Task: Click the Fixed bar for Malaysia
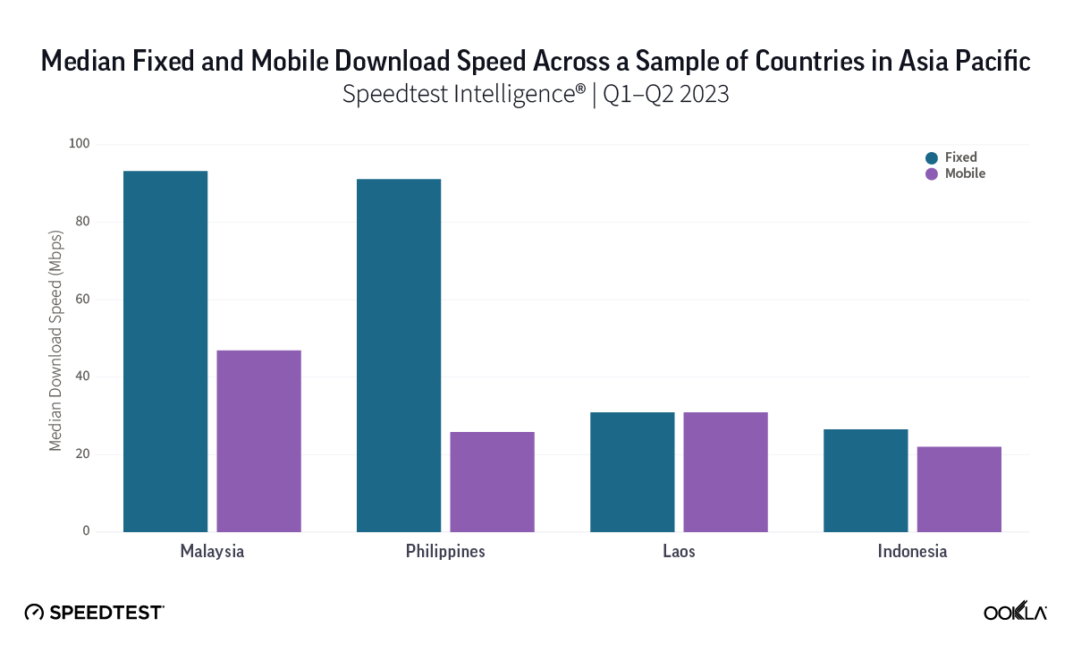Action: click(x=165, y=351)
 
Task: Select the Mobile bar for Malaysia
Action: click(x=259, y=441)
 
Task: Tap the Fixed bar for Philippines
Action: click(x=399, y=355)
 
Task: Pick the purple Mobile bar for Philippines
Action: click(x=493, y=482)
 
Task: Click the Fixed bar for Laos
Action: click(x=632, y=471)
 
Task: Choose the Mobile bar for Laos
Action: click(x=726, y=471)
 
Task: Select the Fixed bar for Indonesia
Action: click(x=866, y=480)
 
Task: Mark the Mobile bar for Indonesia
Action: click(x=959, y=489)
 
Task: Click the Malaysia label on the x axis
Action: click(x=212, y=552)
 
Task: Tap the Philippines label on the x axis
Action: click(x=445, y=552)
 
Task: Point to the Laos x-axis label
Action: click(x=679, y=552)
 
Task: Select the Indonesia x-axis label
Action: click(x=912, y=552)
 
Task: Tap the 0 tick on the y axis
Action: click(x=86, y=531)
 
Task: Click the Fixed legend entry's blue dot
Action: click(x=932, y=157)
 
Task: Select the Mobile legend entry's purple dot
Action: click(x=932, y=174)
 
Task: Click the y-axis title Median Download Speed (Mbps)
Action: click(x=56, y=338)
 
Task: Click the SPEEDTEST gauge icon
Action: click(x=34, y=613)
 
